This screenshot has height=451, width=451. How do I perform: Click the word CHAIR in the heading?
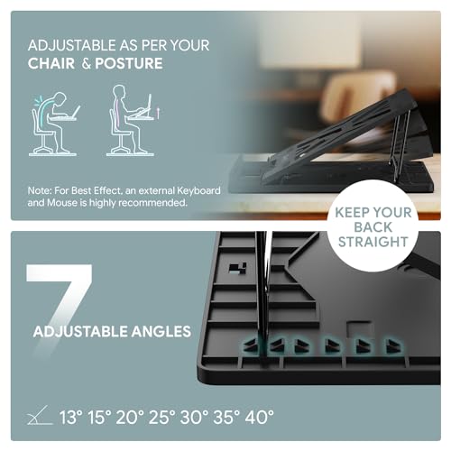[51, 63]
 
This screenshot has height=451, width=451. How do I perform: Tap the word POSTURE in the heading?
[129, 63]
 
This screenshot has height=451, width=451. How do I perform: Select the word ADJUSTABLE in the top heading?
[72, 45]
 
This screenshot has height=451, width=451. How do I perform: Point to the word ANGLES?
[161, 331]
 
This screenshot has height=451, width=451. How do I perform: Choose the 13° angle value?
[71, 418]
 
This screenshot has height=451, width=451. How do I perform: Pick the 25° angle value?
[162, 418]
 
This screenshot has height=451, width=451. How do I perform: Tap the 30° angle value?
[194, 418]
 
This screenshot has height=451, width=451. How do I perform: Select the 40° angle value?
[259, 418]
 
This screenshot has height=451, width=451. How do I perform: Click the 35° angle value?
[226, 418]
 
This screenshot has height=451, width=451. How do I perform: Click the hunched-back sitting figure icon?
[54, 124]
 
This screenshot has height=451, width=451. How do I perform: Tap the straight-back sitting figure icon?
[132, 120]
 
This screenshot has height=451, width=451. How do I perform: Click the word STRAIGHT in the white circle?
[373, 242]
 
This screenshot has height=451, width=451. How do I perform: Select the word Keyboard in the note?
[198, 191]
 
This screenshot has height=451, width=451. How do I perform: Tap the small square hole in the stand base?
[238, 267]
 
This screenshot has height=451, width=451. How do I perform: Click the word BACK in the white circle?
[373, 227]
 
